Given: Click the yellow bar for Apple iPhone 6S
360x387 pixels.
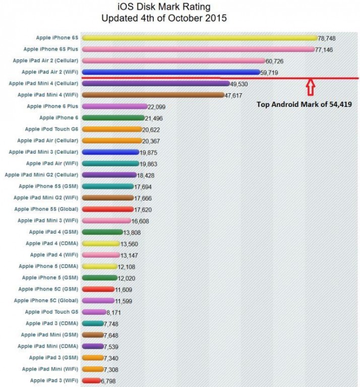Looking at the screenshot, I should [x=199, y=38].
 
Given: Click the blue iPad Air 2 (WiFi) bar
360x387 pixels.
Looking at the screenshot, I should [x=170, y=72].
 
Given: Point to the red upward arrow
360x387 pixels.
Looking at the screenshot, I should [x=311, y=87].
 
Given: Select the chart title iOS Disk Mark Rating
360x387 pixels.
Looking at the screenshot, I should [x=164, y=7].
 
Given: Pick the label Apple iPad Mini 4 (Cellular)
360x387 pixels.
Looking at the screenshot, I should [x=43, y=83].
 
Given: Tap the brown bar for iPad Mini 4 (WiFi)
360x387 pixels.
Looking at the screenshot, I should [x=152, y=95].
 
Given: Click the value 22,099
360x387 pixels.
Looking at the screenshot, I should [x=156, y=107].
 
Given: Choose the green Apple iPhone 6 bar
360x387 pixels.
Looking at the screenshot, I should [x=113, y=118].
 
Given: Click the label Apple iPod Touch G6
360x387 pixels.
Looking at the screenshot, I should [x=51, y=129].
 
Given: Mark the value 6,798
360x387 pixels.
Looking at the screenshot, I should [x=111, y=381].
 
